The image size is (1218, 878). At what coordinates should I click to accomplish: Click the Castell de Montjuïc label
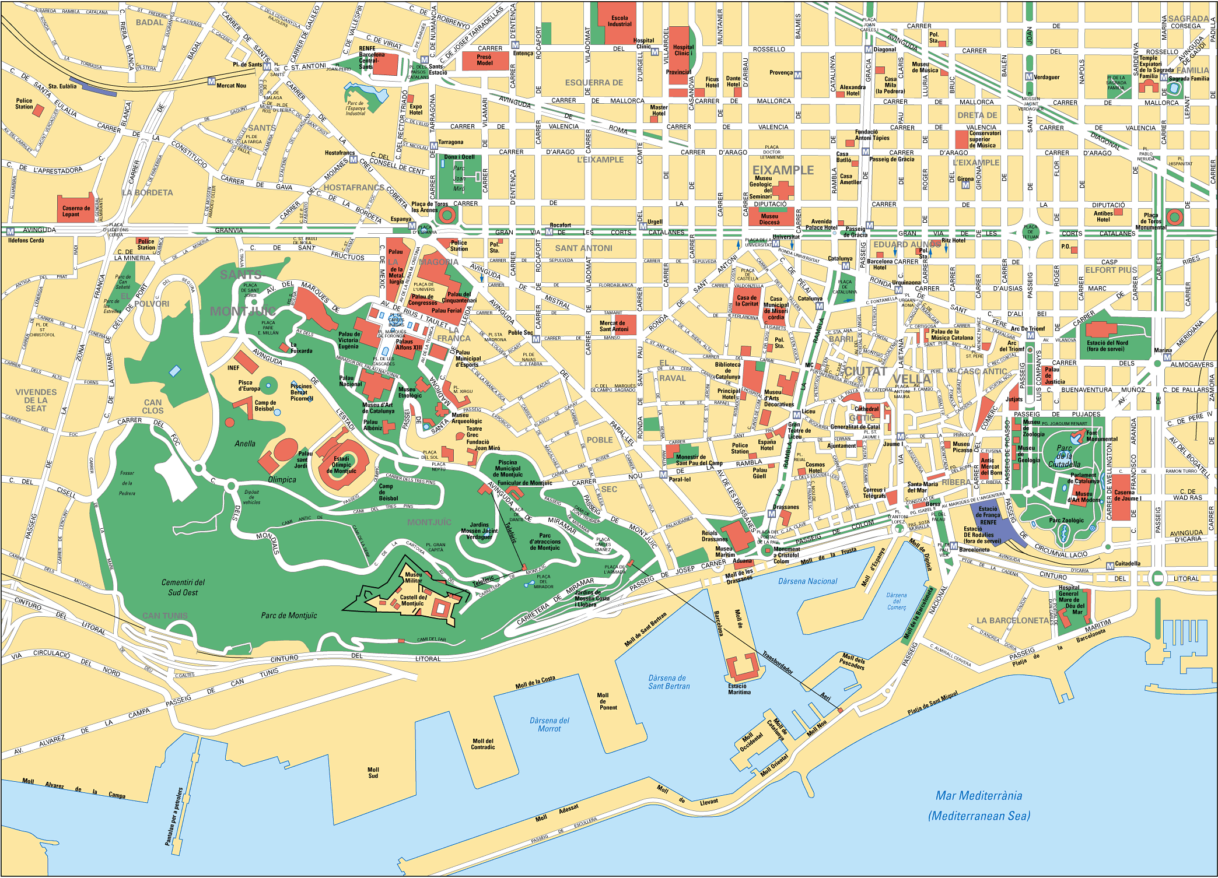pyautogui.click(x=414, y=600)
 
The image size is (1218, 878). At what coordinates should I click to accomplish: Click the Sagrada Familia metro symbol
pyautogui.click(x=1164, y=78)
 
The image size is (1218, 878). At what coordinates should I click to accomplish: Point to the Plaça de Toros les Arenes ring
pyautogui.click(x=447, y=215)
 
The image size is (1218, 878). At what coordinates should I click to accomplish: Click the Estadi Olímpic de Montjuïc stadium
pyautogui.click(x=342, y=465)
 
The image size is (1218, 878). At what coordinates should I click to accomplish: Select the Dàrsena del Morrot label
pyautogui.click(x=549, y=725)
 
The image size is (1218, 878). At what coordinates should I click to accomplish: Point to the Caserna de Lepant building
pyautogui.click(x=76, y=209)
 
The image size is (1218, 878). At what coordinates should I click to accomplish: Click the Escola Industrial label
pyautogui.click(x=619, y=21)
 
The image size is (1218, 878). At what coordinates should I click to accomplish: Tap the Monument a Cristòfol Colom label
pyautogui.click(x=786, y=555)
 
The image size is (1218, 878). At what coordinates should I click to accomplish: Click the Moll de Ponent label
pyautogui.click(x=607, y=701)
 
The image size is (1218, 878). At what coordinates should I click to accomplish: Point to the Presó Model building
pyautogui.click(x=484, y=60)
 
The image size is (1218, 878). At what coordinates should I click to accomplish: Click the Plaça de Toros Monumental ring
pyautogui.click(x=1174, y=217)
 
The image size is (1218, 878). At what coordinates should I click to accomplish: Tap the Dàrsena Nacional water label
pyautogui.click(x=807, y=581)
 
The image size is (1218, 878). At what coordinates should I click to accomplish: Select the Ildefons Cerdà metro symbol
pyautogui.click(x=10, y=231)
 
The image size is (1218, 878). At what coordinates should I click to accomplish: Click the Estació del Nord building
pyautogui.click(x=1107, y=338)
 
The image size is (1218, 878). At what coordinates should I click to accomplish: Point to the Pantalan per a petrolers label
pyautogui.click(x=174, y=816)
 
